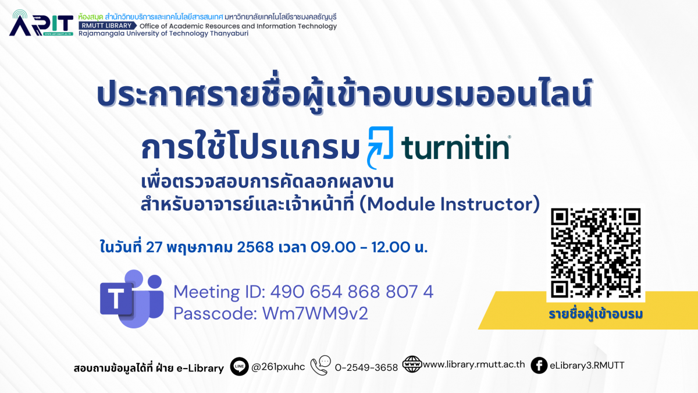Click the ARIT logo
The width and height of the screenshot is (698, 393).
pyautogui.click(x=41, y=23)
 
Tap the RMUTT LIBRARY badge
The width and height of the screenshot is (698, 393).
pyautogui.click(x=107, y=26)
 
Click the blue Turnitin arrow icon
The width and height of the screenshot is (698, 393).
pyautogui.click(x=380, y=147)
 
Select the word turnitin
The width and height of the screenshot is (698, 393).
pyautogui.click(x=455, y=147)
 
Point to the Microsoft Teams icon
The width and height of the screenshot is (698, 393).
pyautogui.click(x=131, y=299)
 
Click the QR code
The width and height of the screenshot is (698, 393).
pyautogui.click(x=596, y=253)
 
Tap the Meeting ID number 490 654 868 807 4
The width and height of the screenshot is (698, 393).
pyautogui.click(x=351, y=292)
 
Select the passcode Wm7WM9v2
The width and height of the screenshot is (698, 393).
pyautogui.click(x=315, y=313)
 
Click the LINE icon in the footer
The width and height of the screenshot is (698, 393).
pyautogui.click(x=239, y=366)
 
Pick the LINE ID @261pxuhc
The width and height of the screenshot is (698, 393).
pyautogui.click(x=278, y=367)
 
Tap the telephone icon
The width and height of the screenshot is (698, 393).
pyautogui.click(x=320, y=365)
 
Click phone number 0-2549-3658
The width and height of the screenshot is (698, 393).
pyautogui.click(x=366, y=367)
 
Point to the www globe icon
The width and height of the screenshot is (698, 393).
pyautogui.click(x=412, y=364)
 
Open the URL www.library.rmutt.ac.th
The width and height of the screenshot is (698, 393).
pyautogui.click(x=474, y=364)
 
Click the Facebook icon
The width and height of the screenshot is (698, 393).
pyautogui.click(x=539, y=365)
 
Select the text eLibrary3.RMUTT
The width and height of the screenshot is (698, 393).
pyautogui.click(x=587, y=365)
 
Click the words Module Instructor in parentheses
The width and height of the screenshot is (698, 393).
pyautogui.click(x=450, y=204)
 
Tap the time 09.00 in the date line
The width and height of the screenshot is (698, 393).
pyautogui.click(x=333, y=247)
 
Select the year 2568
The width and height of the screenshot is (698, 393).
pyautogui.click(x=255, y=247)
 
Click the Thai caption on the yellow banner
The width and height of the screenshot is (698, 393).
pyautogui.click(x=596, y=314)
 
